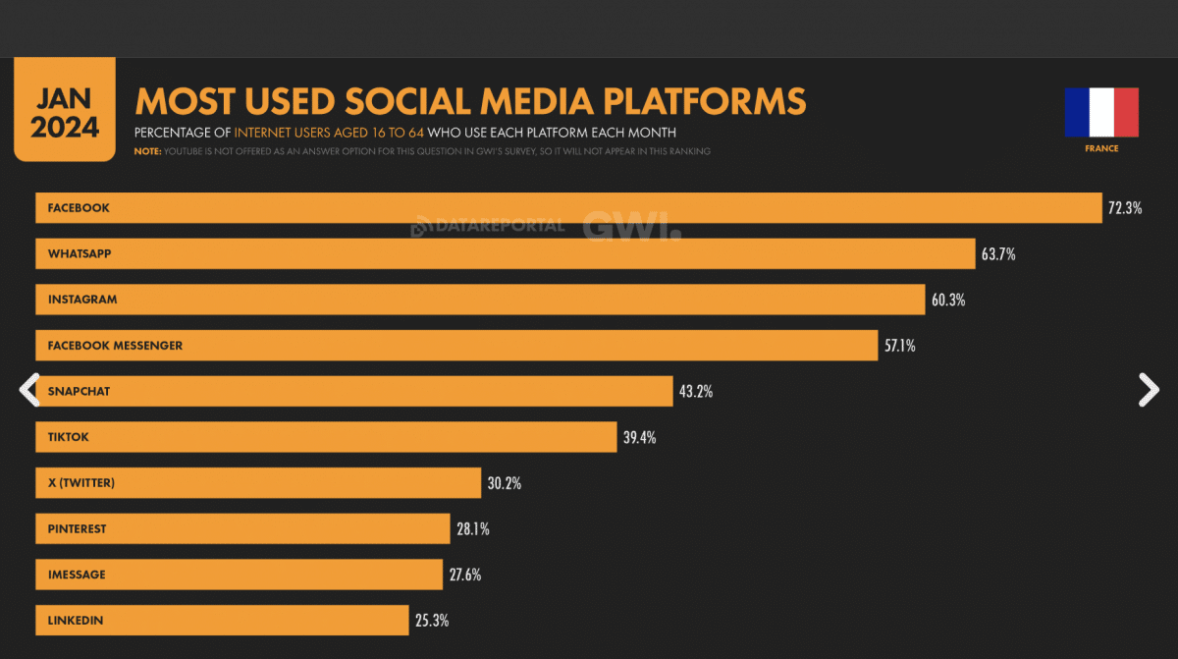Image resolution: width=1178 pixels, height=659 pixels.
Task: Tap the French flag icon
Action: pos(1101,112)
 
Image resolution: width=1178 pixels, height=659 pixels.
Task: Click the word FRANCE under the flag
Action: pos(1101,149)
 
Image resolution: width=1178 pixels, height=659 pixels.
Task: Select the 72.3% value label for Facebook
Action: pos(1125,208)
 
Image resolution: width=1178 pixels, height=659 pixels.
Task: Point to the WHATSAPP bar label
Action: pos(80,253)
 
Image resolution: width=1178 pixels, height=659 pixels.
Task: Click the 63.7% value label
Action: pos(997,254)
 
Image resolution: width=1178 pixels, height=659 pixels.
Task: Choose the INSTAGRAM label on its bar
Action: pos(82,300)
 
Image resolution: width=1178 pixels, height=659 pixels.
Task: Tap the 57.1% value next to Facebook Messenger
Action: pos(900,346)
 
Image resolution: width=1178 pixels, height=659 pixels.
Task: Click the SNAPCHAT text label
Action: pos(80,391)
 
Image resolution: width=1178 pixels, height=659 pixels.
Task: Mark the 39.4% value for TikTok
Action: pos(639,437)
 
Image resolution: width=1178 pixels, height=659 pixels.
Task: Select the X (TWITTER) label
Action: pos(81,482)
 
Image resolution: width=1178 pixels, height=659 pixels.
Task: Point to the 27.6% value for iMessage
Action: pos(465,575)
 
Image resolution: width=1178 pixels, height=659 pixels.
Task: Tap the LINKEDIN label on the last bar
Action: pos(76,621)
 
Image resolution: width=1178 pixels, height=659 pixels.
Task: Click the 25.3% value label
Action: pos(432,621)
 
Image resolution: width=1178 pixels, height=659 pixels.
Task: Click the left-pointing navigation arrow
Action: pos(28,390)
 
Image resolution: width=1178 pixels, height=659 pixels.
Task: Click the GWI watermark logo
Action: pos(630,226)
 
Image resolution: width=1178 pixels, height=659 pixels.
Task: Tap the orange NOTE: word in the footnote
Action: pos(147,151)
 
